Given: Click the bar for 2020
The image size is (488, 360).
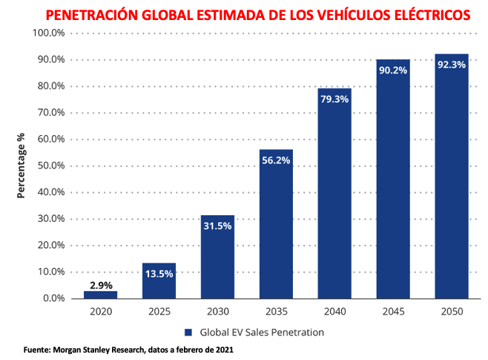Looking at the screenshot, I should [x=100, y=295].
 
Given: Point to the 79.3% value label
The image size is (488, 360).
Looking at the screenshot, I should [x=334, y=99].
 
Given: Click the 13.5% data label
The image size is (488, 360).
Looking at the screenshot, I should [x=159, y=273].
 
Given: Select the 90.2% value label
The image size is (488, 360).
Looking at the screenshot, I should [x=393, y=70].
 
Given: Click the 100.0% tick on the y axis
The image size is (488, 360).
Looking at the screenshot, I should [x=50, y=33].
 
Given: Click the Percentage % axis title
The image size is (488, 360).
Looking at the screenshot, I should [x=22, y=166].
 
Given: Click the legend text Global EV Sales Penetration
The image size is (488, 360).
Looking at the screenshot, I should [x=261, y=333].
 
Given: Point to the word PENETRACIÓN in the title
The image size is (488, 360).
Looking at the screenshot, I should [x=93, y=14].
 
